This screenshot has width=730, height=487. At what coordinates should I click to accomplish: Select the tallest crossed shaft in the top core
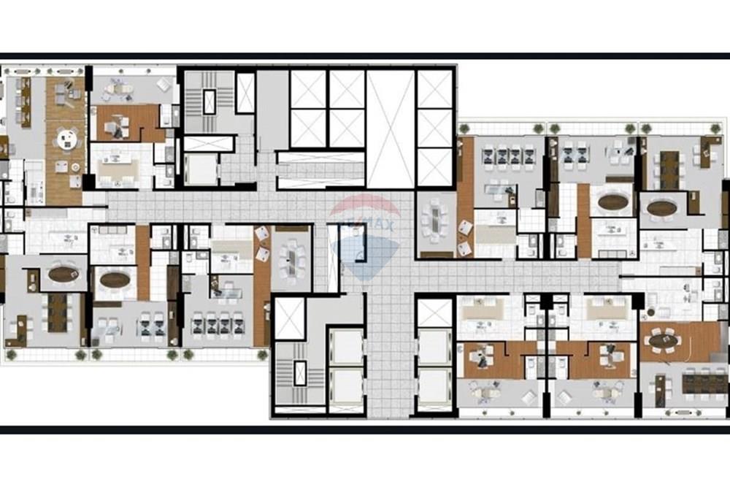[x=390, y=129]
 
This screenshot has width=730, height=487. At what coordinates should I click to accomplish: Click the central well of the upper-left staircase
[x=210, y=102]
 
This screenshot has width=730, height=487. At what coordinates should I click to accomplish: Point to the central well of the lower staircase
[x=300, y=373]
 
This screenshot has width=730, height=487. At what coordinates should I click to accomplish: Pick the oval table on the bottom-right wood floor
[x=664, y=341]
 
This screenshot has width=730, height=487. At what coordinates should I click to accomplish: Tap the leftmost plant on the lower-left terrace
[x=11, y=355]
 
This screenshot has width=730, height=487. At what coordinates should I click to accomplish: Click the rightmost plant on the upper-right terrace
[x=715, y=129]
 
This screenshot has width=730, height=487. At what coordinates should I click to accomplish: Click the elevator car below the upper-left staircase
[x=201, y=169]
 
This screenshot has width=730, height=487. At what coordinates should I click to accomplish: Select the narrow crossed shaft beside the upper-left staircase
[x=245, y=93]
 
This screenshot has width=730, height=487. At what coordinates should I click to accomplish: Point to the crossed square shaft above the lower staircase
[x=289, y=318]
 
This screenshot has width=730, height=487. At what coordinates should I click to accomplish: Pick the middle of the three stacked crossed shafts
[x=435, y=128]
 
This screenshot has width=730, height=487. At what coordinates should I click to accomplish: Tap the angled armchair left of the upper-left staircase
[x=164, y=85]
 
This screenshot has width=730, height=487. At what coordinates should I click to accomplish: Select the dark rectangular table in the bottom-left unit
[x=57, y=312]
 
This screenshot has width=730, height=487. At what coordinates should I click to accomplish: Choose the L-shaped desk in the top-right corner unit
[x=707, y=152]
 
